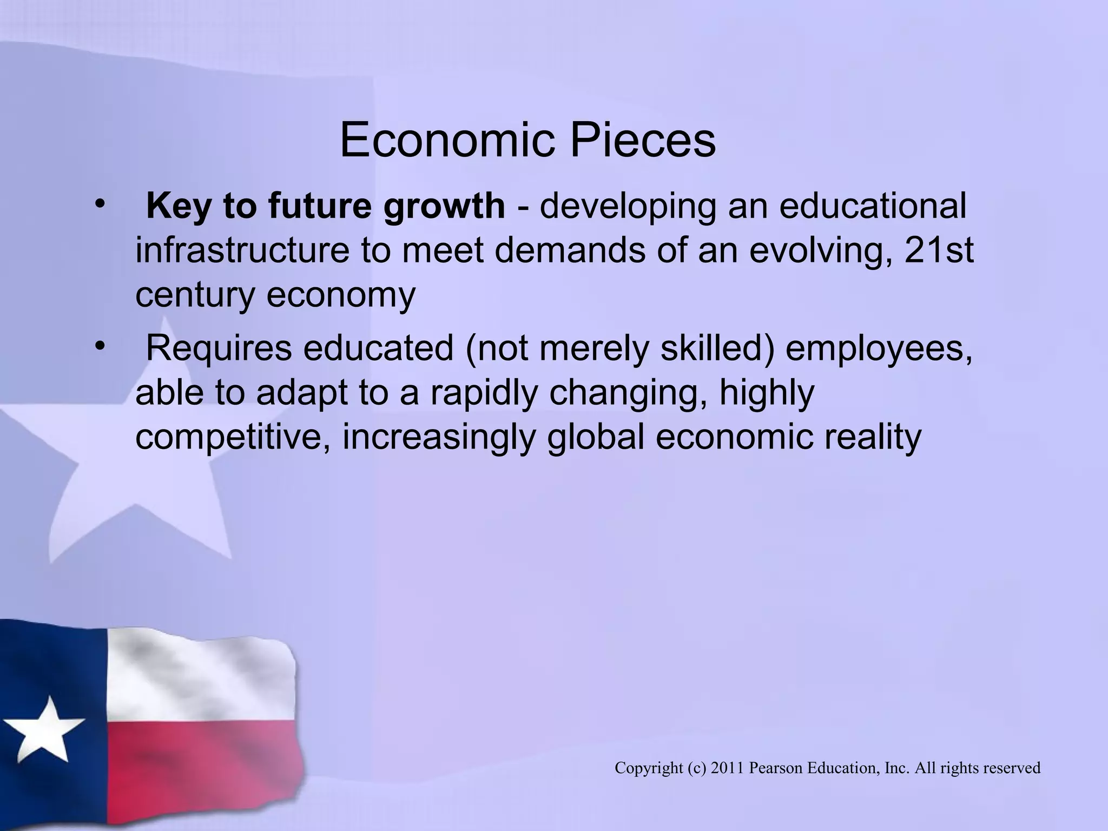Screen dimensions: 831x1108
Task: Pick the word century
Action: pyautogui.click(x=195, y=295)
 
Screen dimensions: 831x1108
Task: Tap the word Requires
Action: pyautogui.click(x=219, y=349)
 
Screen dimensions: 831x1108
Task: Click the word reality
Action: pyautogui.click(x=872, y=437)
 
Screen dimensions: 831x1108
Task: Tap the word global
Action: pyautogui.click(x=596, y=437)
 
